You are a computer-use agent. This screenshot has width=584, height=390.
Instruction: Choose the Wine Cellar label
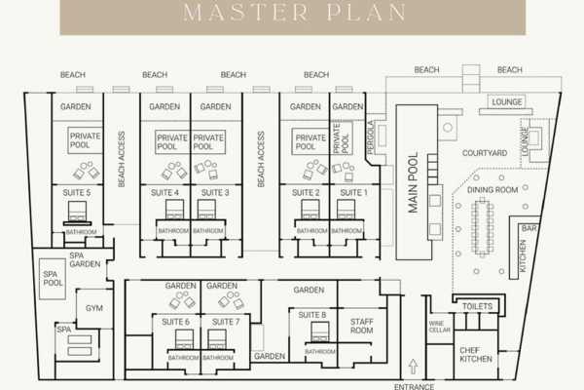(439, 327)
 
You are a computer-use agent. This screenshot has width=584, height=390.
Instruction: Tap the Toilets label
(477, 306)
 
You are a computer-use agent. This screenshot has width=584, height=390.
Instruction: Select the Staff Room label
(361, 326)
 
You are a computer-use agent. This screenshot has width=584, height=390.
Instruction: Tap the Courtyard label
(483, 153)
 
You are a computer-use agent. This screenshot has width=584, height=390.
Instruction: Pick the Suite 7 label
(225, 321)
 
